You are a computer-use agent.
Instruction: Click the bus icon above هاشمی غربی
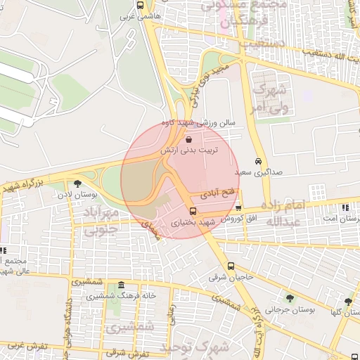142,4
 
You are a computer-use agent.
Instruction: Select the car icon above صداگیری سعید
259,161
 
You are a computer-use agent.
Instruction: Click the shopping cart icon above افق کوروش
238,208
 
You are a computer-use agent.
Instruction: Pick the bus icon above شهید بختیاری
193,211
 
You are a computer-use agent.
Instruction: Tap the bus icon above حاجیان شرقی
231,266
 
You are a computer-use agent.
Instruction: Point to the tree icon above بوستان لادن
87,183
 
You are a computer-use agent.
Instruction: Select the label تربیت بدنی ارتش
190,150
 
